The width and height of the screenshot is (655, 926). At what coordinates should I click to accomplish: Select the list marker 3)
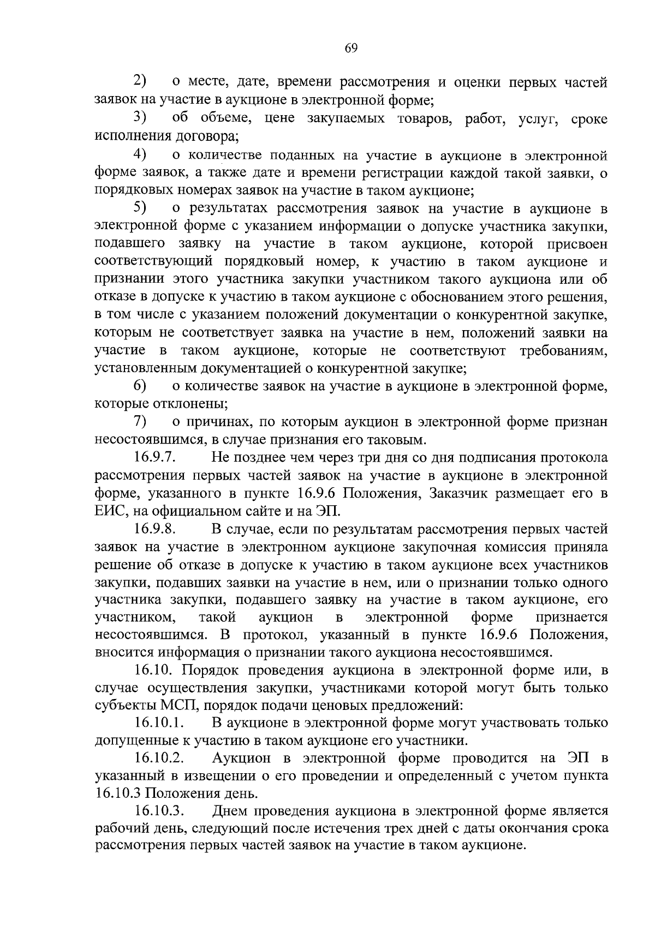tap(141, 118)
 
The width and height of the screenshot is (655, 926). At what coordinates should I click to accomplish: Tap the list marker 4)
tap(141, 155)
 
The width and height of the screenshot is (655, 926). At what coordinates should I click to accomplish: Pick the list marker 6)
tap(141, 386)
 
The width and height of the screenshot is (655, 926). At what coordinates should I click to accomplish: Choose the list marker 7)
tap(141, 422)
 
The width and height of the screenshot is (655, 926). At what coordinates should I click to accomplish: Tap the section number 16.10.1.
tap(159, 723)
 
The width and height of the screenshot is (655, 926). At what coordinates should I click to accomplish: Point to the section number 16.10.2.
tap(159, 758)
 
